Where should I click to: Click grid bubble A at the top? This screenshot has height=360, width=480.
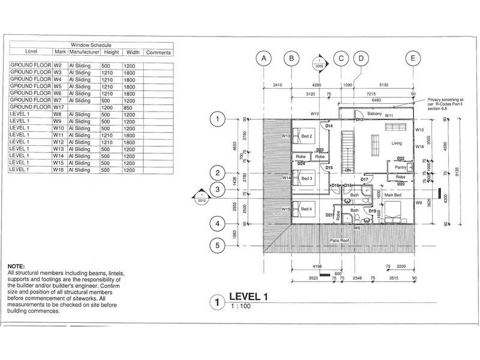pos(263,58)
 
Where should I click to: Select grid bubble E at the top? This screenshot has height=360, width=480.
pos(413,58)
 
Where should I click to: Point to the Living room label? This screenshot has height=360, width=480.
pos(397,143)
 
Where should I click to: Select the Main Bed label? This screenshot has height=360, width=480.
pos(393,195)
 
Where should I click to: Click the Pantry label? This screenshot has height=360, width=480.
pos(401,167)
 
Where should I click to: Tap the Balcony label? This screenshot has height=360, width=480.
pos(375,113)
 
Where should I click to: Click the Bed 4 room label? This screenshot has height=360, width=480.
pos(307,208)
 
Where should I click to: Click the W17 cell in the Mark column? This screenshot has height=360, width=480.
pos(59,107)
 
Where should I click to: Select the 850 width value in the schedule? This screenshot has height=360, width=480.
pos(130,107)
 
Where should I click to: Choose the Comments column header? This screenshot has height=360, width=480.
pos(158,52)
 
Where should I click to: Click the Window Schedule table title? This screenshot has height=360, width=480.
pos(91,45)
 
